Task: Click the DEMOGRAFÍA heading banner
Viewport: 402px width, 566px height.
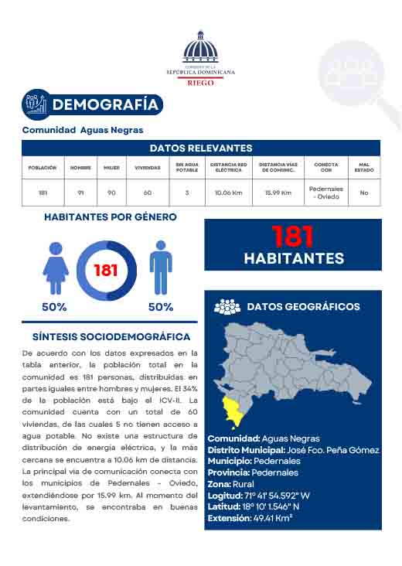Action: point(92,104)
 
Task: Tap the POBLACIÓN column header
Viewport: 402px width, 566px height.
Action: point(43,167)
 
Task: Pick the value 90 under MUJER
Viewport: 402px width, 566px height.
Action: point(111,193)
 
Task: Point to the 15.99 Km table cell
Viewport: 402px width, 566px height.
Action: point(278,193)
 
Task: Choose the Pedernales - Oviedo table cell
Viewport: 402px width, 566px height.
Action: point(325,193)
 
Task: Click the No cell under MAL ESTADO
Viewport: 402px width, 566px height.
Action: point(363,193)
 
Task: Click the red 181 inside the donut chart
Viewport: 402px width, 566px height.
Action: point(106,271)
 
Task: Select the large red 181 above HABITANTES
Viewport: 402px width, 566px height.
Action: point(294,235)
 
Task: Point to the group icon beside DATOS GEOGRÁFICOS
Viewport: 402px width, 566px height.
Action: point(227,307)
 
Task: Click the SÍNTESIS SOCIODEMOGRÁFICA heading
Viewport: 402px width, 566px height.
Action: point(111,337)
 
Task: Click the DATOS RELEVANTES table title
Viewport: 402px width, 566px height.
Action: point(200,148)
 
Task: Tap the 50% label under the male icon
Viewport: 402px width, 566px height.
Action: point(160,307)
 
